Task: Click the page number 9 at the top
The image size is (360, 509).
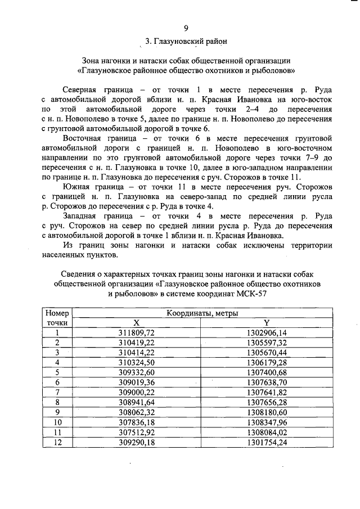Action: (186, 28)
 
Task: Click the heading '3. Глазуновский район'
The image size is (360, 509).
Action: (186, 42)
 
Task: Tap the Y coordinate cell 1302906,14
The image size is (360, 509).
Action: (267, 332)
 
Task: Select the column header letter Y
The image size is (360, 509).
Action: (267, 323)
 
